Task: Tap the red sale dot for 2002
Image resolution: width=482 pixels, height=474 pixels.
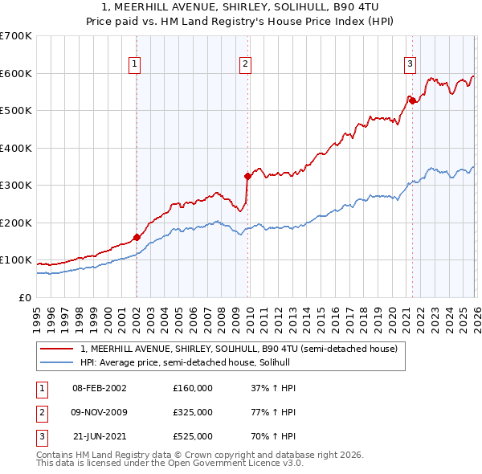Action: (x=137, y=237)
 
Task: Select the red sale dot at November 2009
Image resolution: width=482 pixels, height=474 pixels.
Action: (x=247, y=176)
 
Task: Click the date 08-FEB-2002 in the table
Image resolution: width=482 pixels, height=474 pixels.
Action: (x=100, y=388)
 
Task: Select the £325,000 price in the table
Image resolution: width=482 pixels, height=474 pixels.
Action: (x=193, y=412)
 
